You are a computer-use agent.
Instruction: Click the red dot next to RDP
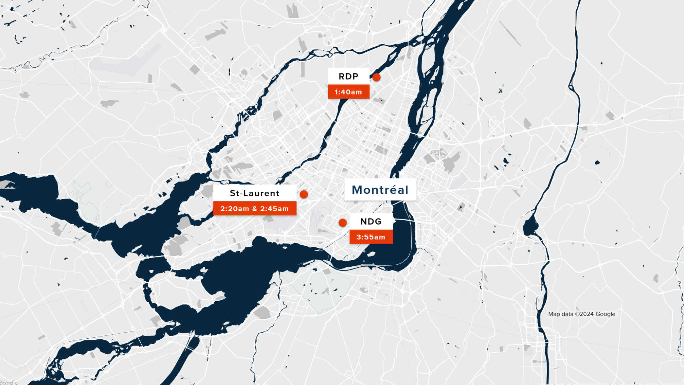tap(377, 77)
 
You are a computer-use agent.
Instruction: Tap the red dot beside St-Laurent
tap(304, 194)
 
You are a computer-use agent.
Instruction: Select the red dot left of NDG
tap(343, 223)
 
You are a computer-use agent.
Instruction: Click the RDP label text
tap(348, 77)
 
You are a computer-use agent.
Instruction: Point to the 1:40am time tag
tap(348, 92)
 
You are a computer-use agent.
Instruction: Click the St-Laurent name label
tap(254, 193)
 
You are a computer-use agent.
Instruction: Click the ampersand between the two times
tap(255, 209)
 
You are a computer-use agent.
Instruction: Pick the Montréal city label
tap(380, 190)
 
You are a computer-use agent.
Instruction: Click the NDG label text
tap(371, 222)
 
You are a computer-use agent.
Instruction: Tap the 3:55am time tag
tap(371, 237)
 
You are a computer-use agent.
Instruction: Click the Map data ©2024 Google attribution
tap(581, 314)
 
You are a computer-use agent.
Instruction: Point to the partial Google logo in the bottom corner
tap(9, 383)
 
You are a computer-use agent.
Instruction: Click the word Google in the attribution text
tap(606, 314)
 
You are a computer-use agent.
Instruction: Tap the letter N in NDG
tap(364, 222)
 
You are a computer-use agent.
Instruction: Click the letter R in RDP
tap(341, 77)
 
